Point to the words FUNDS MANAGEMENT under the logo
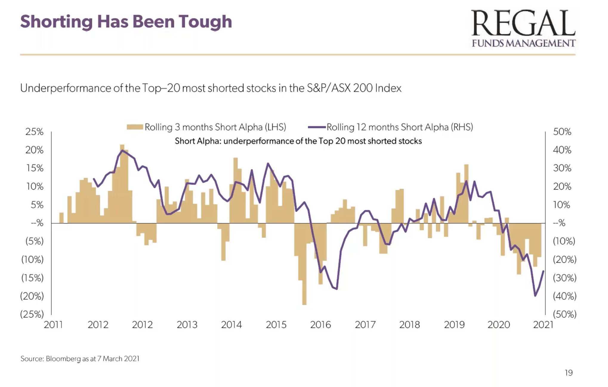(523, 44)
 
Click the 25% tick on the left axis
(35, 131)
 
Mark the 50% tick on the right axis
(562, 131)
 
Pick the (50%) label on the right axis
(564, 314)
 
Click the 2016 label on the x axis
(320, 324)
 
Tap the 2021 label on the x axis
(543, 324)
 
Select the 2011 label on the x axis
(53, 324)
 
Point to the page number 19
(569, 373)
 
